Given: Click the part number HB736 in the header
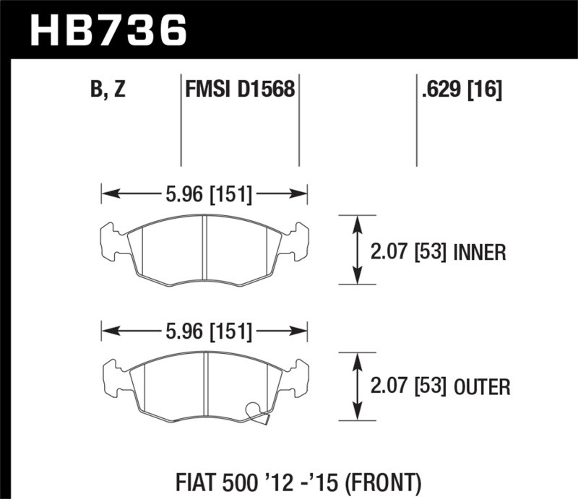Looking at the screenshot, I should coord(108,30).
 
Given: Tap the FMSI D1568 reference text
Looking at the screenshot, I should coord(239,91).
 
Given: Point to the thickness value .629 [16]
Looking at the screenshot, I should coord(460,91).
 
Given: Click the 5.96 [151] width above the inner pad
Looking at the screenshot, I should coord(204,194).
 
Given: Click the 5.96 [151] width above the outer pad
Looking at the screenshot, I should coord(204,332).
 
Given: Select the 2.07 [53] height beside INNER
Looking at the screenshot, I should coord(408,252).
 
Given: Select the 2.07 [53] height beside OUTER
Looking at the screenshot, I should coord(408,388).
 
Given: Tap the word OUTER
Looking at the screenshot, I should coord(483,388).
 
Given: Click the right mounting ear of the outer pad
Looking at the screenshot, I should coord(298,377).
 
